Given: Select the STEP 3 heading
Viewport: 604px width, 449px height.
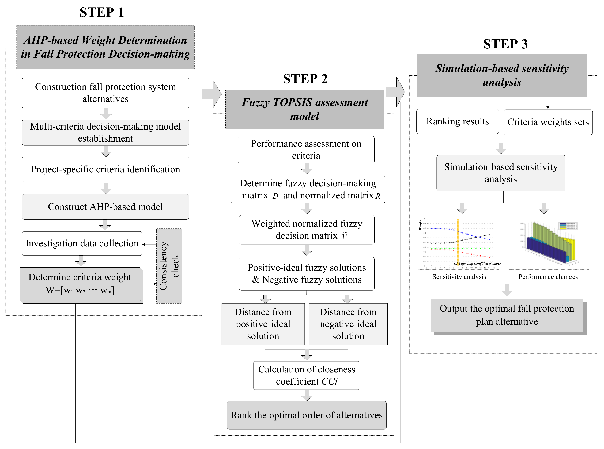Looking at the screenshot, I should coord(505,44).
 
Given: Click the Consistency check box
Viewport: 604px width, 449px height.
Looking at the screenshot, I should coord(169,266).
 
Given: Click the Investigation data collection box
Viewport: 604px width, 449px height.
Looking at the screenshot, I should coord(82,243).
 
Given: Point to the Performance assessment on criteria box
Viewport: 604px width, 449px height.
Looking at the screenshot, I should coord(306,150).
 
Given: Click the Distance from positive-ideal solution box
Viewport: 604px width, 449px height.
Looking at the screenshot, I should coord(263,324).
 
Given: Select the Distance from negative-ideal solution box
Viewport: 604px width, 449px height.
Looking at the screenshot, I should coord(348,324).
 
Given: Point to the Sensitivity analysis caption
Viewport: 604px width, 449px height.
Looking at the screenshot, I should coord(459,277).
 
